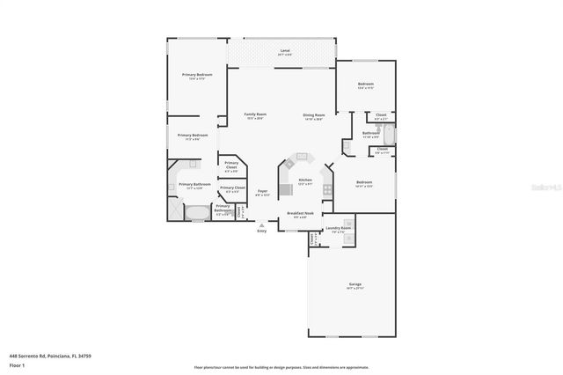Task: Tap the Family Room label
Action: point(255,115)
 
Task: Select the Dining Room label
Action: point(314,115)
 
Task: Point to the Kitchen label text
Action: point(305,180)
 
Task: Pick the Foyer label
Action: point(262,192)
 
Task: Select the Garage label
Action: point(355,285)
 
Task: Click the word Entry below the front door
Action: point(261,232)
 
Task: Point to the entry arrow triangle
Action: point(261,225)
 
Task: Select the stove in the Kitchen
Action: point(285,189)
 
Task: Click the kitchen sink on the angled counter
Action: point(303,157)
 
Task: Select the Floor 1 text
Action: point(16,364)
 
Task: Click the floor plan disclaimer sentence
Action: point(281,367)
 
